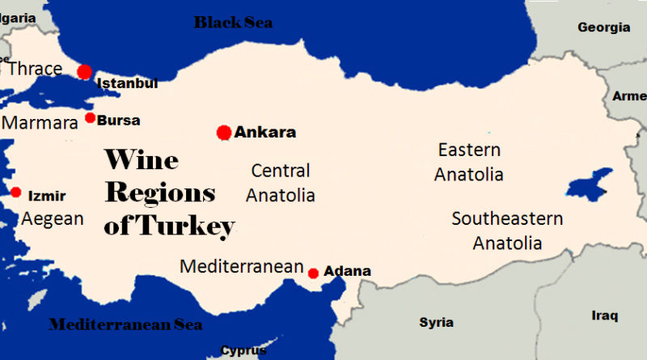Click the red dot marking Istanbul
tap(85, 71)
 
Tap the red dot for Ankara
tap(224, 132)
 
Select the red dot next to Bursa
tap(91, 118)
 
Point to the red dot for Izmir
tap(16, 193)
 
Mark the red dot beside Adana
tap(314, 273)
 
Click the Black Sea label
tap(233, 23)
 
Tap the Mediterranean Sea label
tap(125, 324)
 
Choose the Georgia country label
tap(603, 28)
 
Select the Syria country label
tap(436, 323)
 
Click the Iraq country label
tap(604, 315)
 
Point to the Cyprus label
tap(243, 351)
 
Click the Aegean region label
tap(53, 218)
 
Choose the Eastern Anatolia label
tap(469, 162)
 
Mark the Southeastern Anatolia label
tap(507, 231)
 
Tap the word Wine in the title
tap(142, 160)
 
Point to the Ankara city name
tap(265, 133)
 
